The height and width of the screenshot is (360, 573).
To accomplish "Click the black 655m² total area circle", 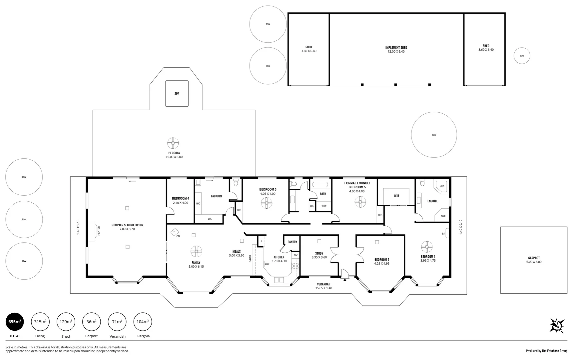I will [15, 322].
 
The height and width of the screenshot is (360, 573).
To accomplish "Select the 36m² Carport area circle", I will [91, 322].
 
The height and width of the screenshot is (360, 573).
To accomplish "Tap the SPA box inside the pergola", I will [177, 94].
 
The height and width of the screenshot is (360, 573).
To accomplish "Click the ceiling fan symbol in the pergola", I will [173, 144].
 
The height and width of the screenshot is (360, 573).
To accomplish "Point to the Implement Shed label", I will [396, 48].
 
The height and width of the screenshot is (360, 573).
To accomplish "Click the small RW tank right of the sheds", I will [522, 56].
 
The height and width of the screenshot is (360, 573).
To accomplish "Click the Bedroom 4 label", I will [181, 199].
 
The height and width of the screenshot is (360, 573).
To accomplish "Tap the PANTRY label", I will [292, 242].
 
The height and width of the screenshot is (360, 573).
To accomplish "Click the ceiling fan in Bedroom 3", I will [267, 203].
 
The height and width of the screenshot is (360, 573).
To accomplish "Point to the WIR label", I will [396, 196].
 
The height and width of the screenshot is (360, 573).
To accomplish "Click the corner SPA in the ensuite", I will [442, 186].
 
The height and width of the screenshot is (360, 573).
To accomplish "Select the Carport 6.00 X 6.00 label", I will [534, 260].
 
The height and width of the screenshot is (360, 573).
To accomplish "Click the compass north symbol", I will [557, 326].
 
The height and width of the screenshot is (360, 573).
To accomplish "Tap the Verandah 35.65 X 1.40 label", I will [323, 286].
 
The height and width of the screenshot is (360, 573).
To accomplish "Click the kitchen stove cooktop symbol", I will [295, 266].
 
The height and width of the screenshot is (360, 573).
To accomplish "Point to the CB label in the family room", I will [178, 236].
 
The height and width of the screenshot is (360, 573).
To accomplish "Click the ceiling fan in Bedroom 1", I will [427, 247].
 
